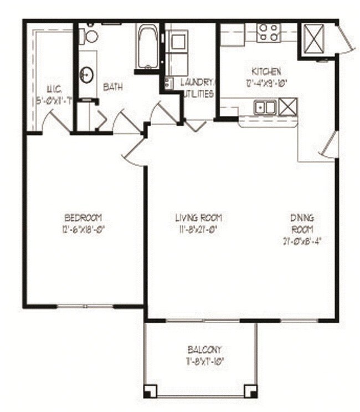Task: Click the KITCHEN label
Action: (x=267, y=71)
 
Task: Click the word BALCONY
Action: (x=204, y=349)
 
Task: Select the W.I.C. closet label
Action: (x=53, y=89)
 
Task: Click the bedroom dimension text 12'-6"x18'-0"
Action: (x=83, y=227)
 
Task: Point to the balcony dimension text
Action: (x=204, y=360)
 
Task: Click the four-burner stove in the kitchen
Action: (x=269, y=33)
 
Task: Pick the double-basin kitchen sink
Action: (x=266, y=106)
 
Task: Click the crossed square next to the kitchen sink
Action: (x=289, y=106)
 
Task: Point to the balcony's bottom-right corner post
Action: (x=251, y=391)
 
